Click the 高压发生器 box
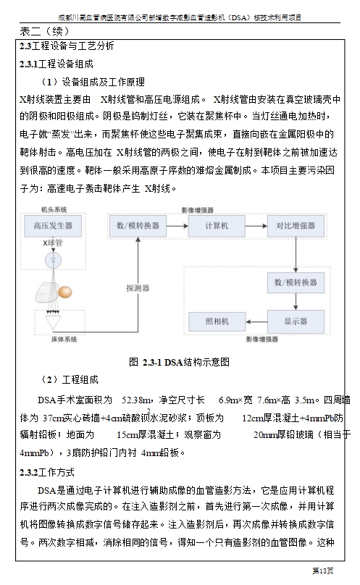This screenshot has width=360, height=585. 53,226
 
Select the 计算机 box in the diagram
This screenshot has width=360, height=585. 217,226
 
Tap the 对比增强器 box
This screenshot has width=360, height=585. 296,226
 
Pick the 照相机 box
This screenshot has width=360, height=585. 217,321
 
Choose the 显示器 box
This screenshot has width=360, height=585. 296,321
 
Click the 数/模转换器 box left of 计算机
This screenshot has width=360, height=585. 138,226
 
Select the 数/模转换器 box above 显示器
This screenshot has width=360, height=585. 296,282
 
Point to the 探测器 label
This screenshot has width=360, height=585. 138,288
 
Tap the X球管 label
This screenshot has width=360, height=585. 53,243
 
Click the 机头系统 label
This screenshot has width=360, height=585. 54,210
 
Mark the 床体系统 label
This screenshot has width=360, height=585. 64,339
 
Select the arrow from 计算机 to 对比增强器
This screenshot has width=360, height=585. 256,226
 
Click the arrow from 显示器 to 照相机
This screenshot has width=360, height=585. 256,321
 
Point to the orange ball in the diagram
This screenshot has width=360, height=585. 66,292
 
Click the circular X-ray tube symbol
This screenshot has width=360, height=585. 53,260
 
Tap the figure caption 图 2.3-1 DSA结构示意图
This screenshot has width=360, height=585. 179,362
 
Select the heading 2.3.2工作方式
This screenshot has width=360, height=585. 47,472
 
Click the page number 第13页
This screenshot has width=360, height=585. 323,571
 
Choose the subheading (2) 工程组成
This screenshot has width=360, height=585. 70,380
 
